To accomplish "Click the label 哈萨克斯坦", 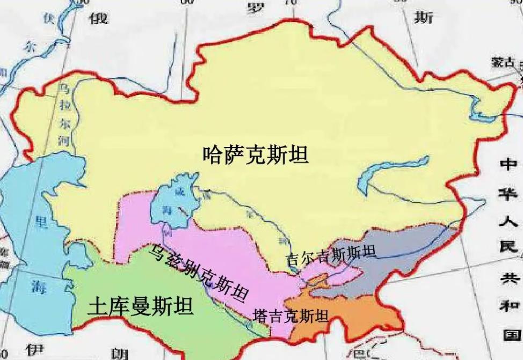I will tap(256, 155).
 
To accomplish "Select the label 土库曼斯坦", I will tap(141, 307).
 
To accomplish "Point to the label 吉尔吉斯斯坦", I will tap(331, 257).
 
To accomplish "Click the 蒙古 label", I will tap(502, 62).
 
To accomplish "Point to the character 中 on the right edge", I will tap(508, 163).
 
